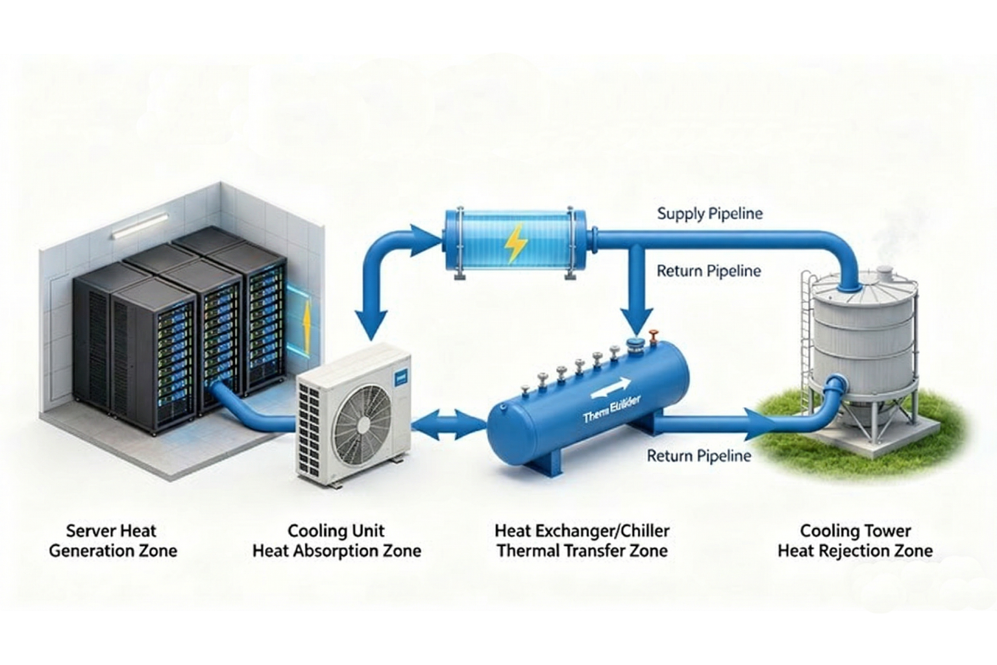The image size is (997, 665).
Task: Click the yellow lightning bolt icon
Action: click(x=515, y=244)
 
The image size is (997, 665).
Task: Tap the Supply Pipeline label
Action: click(x=709, y=214)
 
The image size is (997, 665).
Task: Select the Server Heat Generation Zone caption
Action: click(x=112, y=541)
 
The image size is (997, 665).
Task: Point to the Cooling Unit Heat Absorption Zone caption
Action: click(x=336, y=541)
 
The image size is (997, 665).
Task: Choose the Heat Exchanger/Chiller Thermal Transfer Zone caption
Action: click(x=582, y=541)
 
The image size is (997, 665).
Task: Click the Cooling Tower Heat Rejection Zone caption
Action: click(x=855, y=541)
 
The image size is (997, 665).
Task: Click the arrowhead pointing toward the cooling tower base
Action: click(x=759, y=424)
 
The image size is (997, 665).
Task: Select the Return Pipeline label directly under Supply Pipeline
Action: click(x=708, y=271)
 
